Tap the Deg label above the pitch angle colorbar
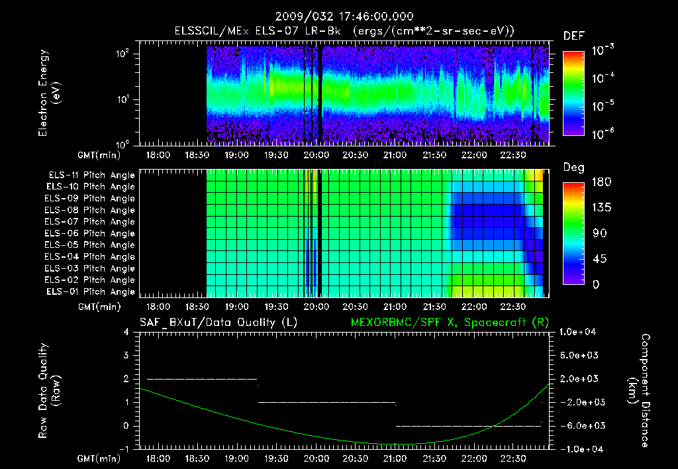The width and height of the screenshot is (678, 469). [x=573, y=167]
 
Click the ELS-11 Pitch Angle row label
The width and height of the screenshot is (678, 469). [x=89, y=175]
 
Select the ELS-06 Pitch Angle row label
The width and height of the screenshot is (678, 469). [x=89, y=233]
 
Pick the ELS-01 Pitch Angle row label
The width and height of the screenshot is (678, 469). [x=89, y=291]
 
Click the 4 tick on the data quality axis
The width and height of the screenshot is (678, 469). [x=127, y=332]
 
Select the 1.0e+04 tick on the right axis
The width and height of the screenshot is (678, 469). [x=579, y=332]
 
